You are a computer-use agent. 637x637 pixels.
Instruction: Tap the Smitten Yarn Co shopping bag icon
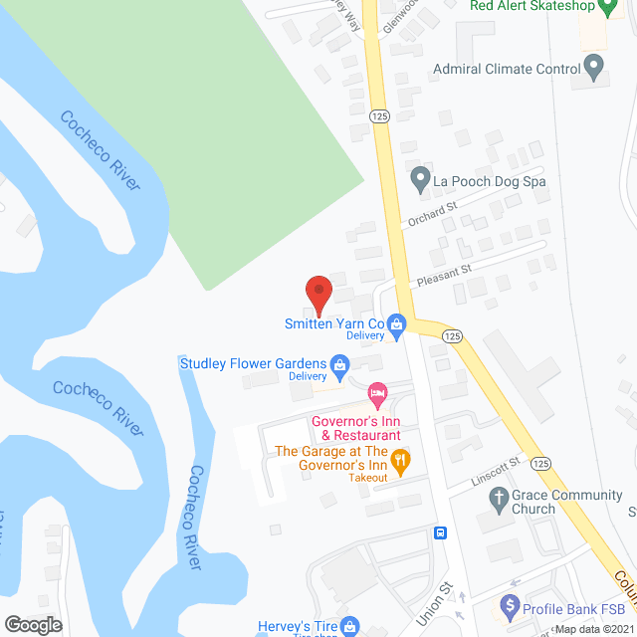[397, 323]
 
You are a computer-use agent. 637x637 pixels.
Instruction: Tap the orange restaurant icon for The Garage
[400, 459]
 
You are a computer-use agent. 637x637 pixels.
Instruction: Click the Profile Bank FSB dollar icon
[511, 604]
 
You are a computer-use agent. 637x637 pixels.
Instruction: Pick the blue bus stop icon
[439, 532]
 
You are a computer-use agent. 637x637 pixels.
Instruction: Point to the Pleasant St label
[444, 269]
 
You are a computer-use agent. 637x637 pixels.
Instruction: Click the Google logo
[33, 624]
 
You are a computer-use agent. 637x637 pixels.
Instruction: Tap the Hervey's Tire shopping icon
[348, 626]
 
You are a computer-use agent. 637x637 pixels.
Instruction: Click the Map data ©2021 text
[593, 629]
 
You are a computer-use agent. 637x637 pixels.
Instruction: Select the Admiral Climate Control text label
[507, 70]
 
